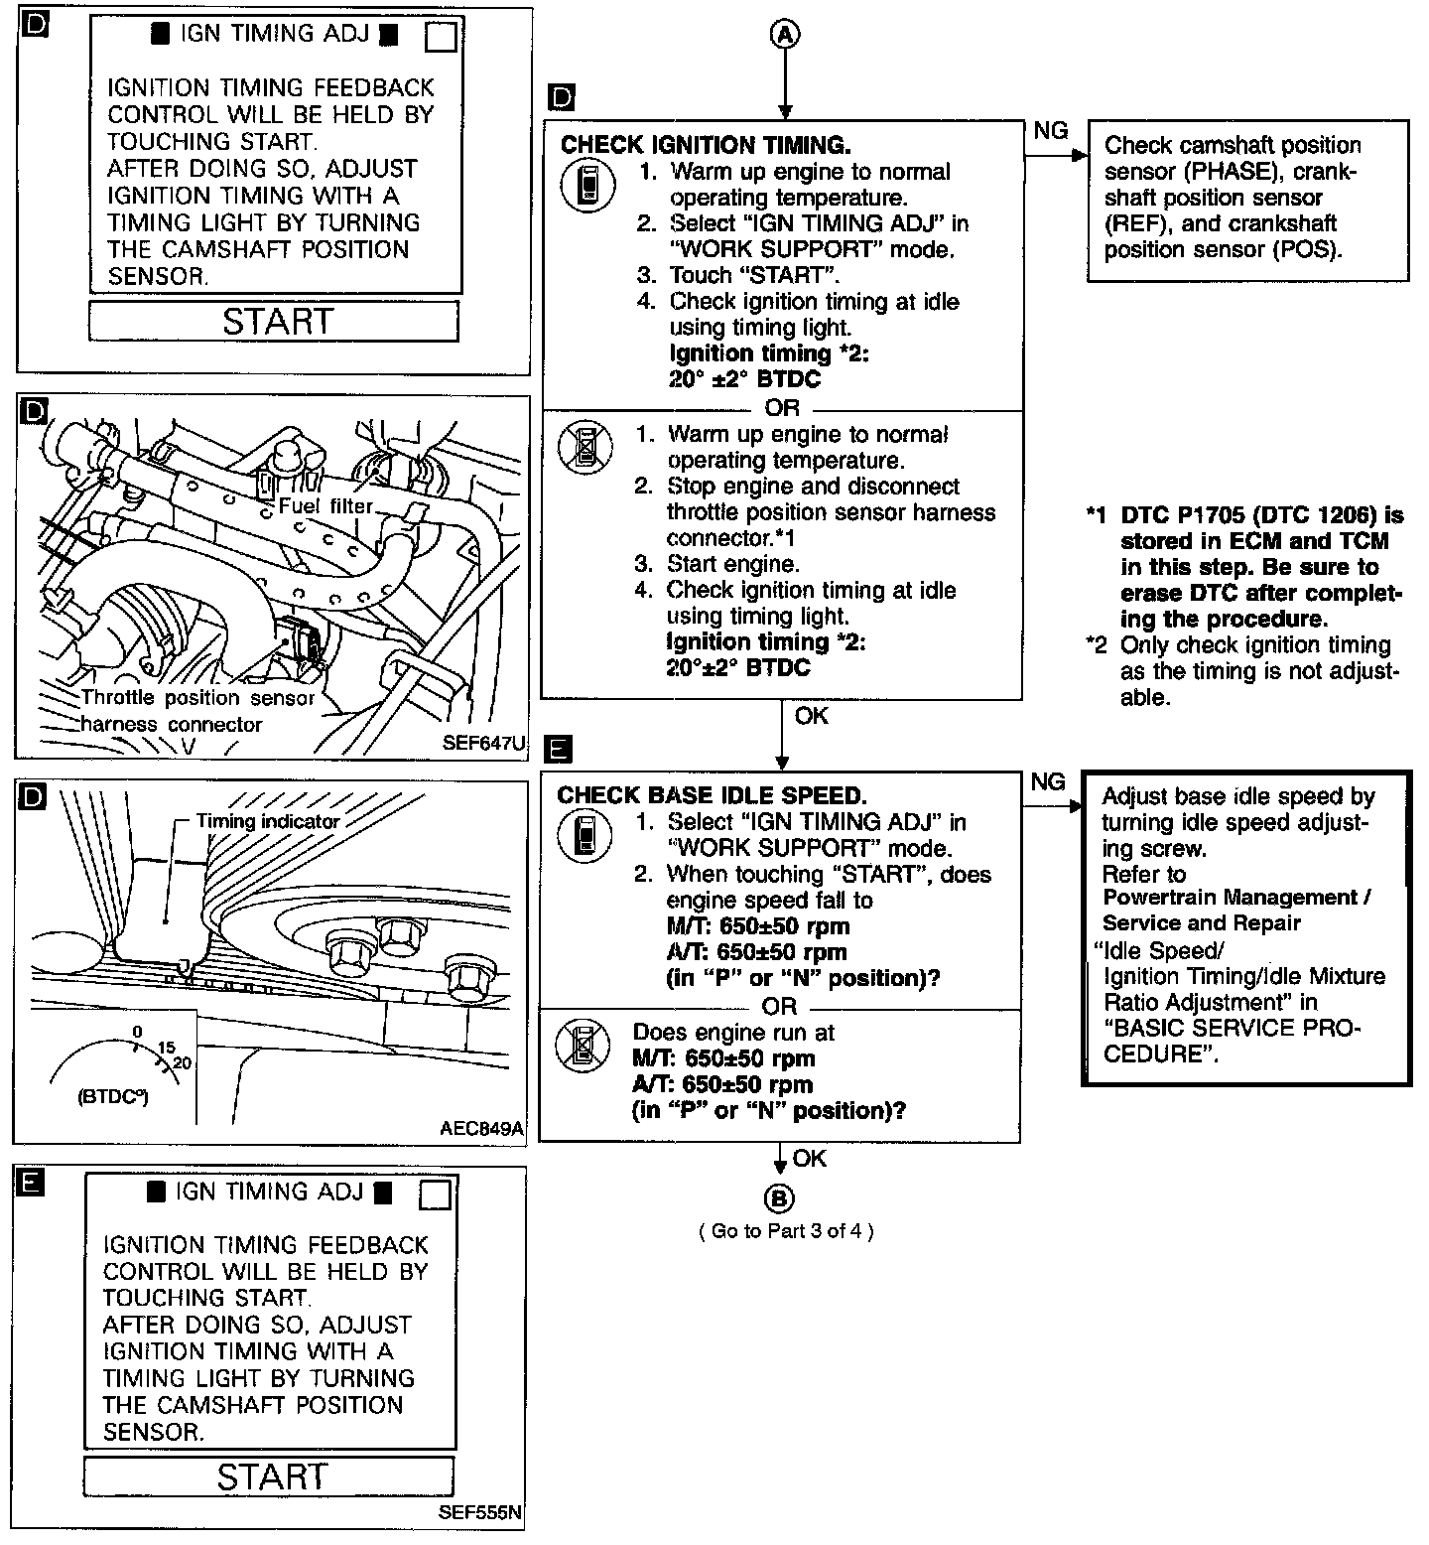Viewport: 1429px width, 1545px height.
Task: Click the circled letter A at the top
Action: coord(785,35)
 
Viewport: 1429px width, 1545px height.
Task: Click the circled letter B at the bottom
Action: coord(781,1199)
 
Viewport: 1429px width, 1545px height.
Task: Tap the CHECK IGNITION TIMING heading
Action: coord(706,145)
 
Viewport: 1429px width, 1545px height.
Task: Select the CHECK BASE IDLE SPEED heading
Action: coord(712,795)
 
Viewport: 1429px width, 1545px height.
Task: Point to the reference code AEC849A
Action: coord(482,1128)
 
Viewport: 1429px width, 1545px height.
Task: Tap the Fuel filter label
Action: coord(325,505)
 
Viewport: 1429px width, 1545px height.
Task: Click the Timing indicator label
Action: coord(268,821)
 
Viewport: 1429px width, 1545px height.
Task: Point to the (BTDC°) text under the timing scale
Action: coord(112,1098)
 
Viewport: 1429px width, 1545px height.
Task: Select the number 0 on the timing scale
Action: coord(137,1032)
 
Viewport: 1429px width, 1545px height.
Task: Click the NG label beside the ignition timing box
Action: coord(1051,131)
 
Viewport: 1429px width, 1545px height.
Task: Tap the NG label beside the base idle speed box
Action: coord(1048,782)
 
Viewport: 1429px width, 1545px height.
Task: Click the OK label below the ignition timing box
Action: coord(811,716)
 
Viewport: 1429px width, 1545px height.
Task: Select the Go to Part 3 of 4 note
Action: coord(786,1231)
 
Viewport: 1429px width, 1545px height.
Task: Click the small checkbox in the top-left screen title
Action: coord(440,37)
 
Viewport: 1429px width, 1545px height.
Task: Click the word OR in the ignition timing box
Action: coord(782,408)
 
